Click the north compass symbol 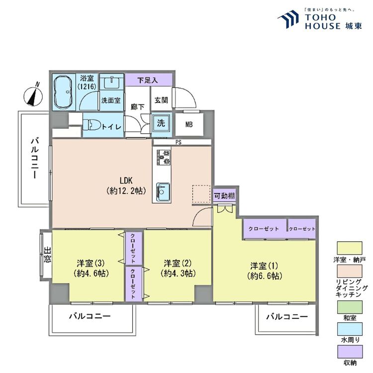click(x=33, y=95)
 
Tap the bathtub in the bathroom click(x=63, y=93)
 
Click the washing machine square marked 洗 click(x=161, y=123)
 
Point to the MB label click(x=189, y=124)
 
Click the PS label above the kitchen click(x=179, y=142)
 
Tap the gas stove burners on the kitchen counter click(x=164, y=157)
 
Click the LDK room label click(x=126, y=181)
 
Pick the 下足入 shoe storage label click(x=148, y=80)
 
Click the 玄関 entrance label click(x=161, y=100)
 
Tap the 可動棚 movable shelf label click(x=224, y=196)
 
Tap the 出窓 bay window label click(x=48, y=255)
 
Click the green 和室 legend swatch click(x=350, y=307)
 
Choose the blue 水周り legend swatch click(x=350, y=329)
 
